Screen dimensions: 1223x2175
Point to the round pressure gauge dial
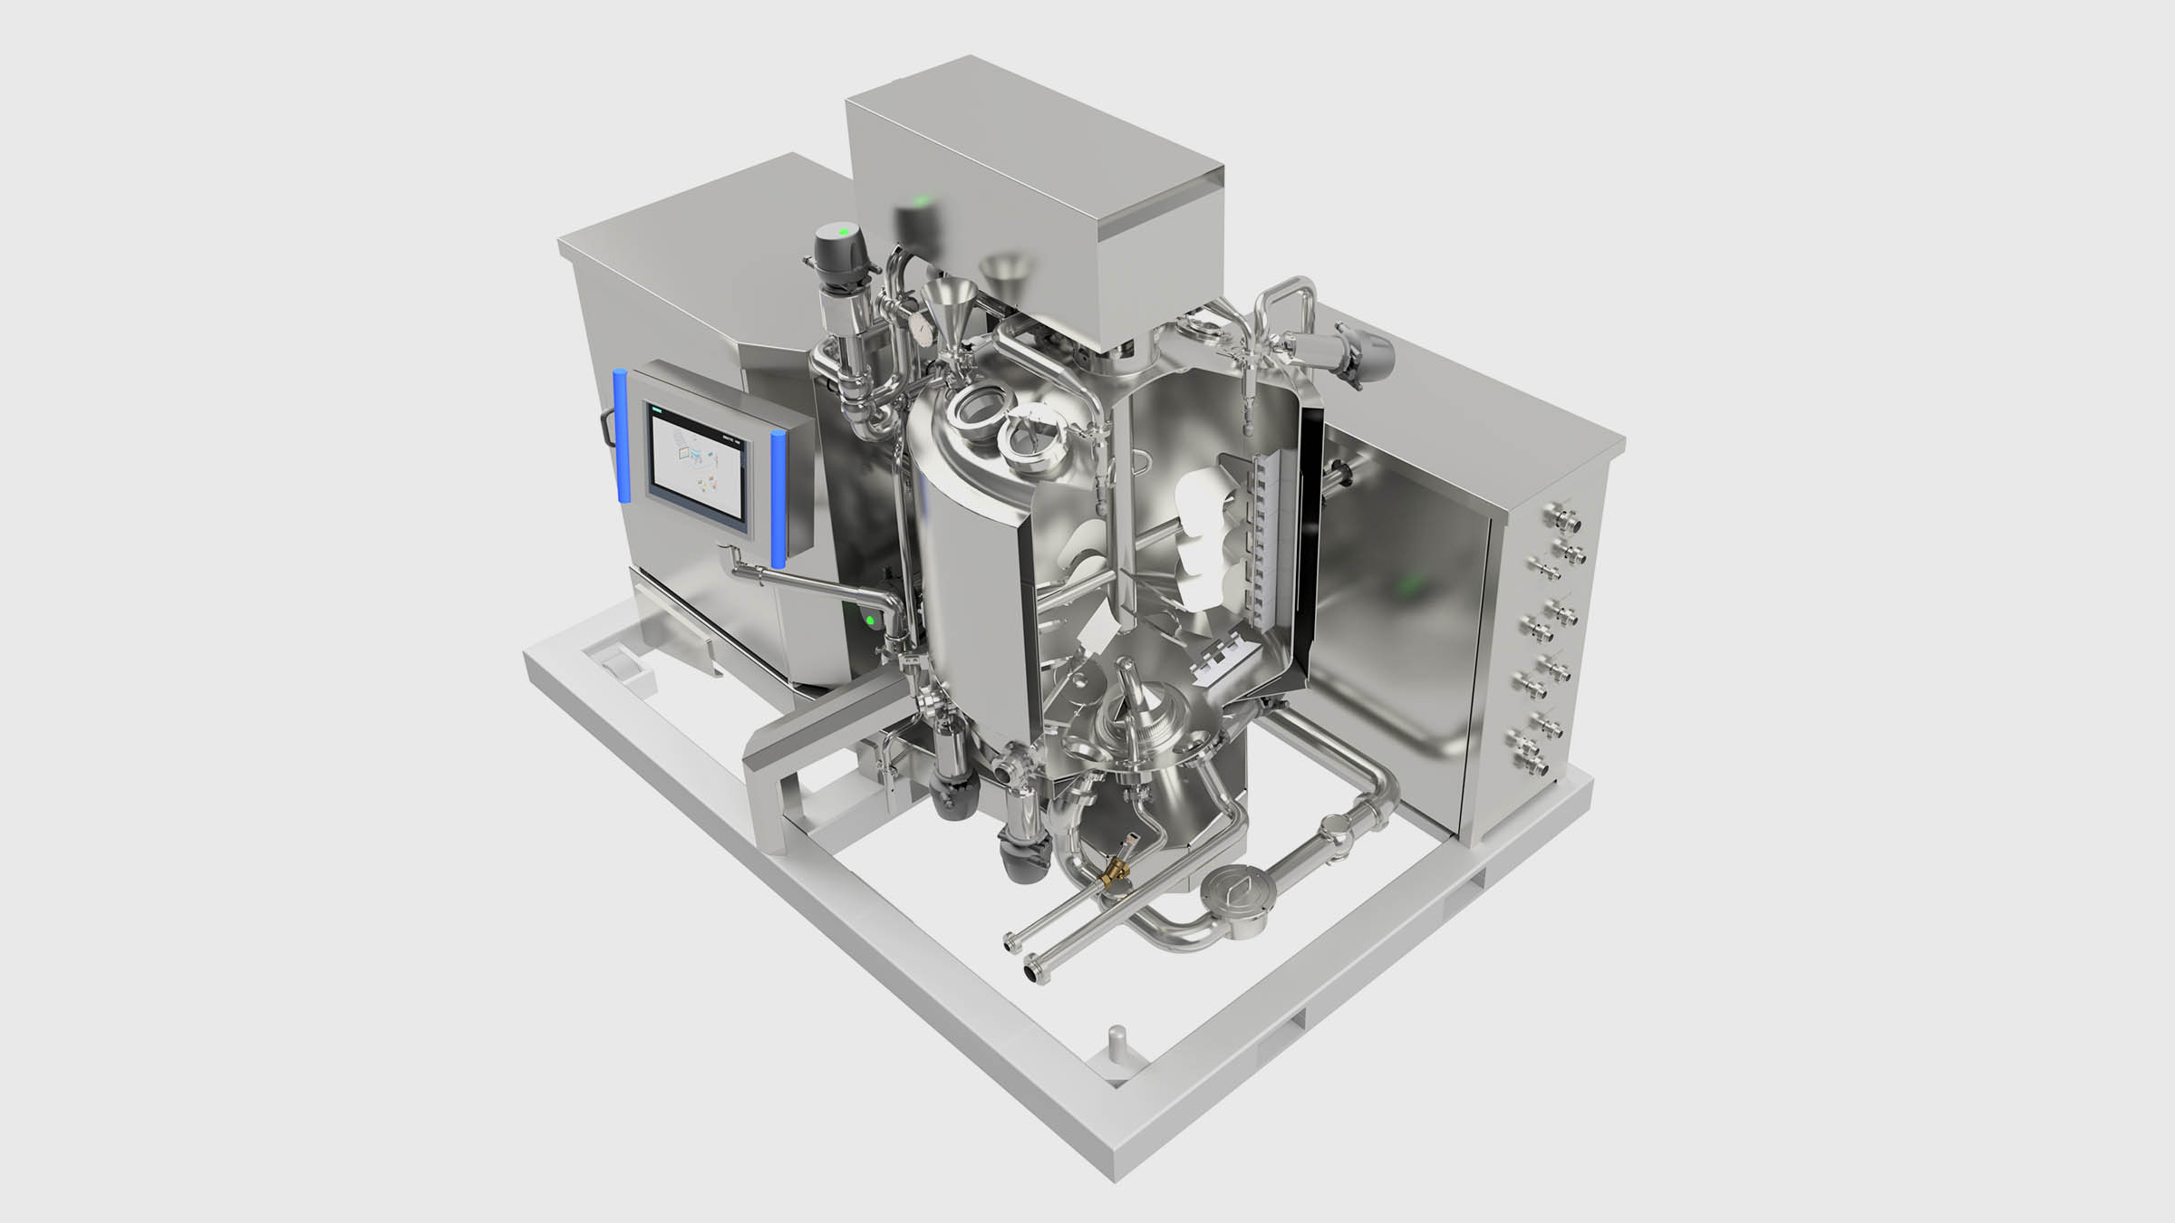click(921, 327)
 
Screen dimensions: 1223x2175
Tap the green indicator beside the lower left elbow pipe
click(870, 621)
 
